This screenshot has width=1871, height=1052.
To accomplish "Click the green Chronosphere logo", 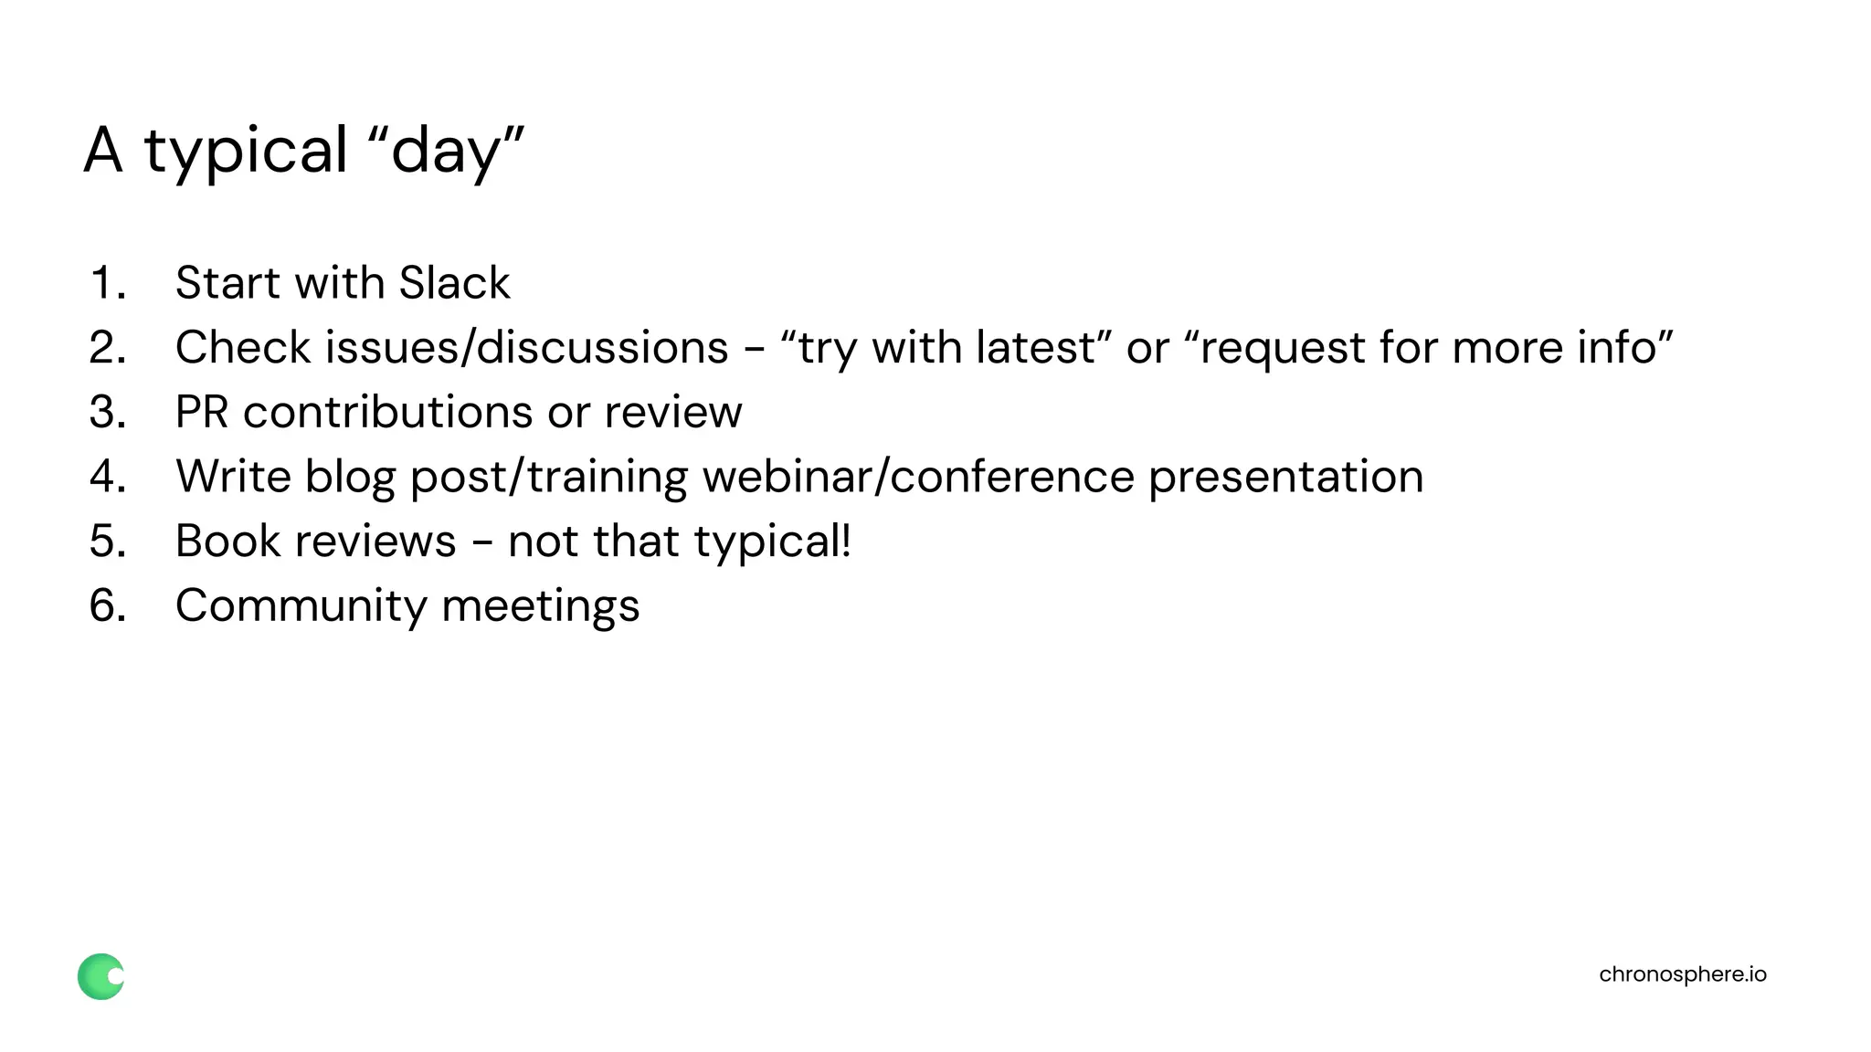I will (100, 976).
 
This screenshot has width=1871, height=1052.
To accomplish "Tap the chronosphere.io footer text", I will (1682, 974).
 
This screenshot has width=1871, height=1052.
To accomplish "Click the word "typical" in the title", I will (246, 151).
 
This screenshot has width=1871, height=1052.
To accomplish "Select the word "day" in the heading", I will (445, 151).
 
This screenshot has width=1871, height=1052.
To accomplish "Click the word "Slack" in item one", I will (454, 282).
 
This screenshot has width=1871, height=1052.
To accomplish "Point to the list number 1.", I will (107, 282).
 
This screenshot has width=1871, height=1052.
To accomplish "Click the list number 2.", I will (107, 347).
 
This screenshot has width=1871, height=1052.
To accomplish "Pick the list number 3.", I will (107, 412).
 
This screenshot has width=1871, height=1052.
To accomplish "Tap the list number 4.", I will (107, 477).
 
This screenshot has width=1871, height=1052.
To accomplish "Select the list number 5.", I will (107, 542).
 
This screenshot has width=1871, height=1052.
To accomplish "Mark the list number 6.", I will (107, 606).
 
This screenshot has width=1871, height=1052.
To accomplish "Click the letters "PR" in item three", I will (202, 412).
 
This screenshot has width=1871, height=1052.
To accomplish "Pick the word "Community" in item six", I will (301, 606).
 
